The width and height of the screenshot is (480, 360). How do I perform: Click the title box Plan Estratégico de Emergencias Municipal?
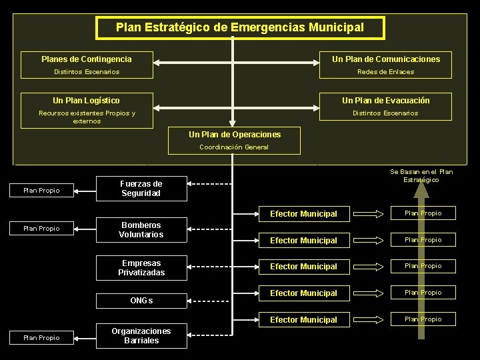tap(240, 28)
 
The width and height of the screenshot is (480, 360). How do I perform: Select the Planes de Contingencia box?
tap(87, 59)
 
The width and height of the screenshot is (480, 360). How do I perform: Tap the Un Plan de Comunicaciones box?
tap(386, 59)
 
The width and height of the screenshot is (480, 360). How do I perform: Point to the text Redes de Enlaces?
tap(385, 72)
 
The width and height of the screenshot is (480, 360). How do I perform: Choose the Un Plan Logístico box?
tap(87, 101)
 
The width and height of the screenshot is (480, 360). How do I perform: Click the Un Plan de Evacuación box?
tap(386, 101)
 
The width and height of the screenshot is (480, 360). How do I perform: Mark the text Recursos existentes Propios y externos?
tap(87, 117)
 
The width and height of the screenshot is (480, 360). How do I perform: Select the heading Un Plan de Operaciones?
tap(235, 135)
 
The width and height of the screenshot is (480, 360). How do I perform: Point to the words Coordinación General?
tap(234, 147)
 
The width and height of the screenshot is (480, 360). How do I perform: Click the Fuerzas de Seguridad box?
tap(141, 189)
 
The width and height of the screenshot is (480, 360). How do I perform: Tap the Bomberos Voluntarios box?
tap(141, 230)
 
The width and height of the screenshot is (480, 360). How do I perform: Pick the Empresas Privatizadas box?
tap(141, 268)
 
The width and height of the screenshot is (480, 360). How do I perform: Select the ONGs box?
tap(141, 301)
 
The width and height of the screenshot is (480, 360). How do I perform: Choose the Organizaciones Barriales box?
tap(141, 336)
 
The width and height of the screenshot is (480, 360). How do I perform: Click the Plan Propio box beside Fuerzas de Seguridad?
tap(41, 191)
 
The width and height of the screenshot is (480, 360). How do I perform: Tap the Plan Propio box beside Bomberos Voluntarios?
tap(41, 229)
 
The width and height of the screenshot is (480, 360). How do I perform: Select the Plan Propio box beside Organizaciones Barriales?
tap(41, 338)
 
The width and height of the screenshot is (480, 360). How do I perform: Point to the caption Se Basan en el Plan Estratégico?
tap(421, 176)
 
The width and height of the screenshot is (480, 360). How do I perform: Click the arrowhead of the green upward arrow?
tap(421, 190)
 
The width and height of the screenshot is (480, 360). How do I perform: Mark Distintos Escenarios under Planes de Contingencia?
tap(87, 72)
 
